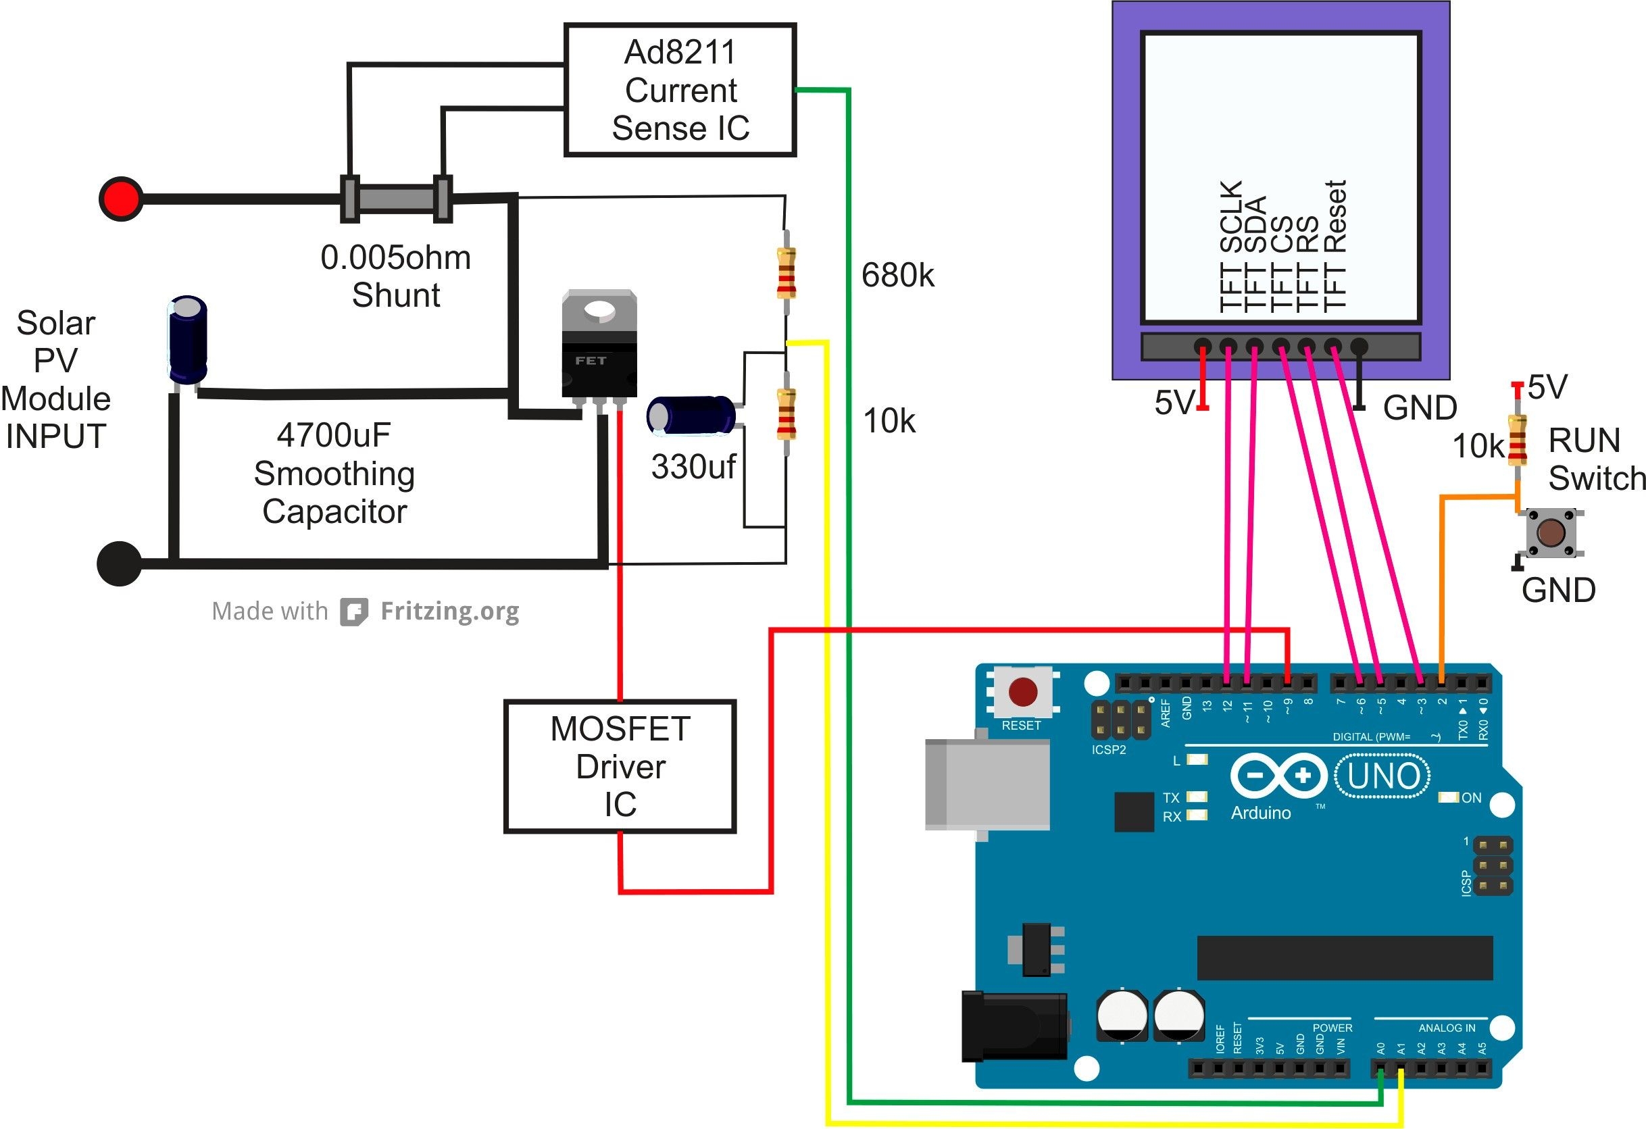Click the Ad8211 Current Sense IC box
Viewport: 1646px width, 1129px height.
pyautogui.click(x=680, y=90)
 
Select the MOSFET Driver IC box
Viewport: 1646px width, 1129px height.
pyautogui.click(x=620, y=766)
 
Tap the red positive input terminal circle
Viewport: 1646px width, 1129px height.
pyautogui.click(x=120, y=199)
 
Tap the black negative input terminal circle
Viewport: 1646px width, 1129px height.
pyautogui.click(x=119, y=563)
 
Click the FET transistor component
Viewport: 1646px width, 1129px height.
pyautogui.click(x=599, y=347)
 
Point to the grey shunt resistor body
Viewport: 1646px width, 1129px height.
pyautogui.click(x=396, y=199)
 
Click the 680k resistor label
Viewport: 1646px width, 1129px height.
pyautogui.click(x=897, y=275)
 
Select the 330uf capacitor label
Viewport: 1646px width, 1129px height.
pyautogui.click(x=693, y=467)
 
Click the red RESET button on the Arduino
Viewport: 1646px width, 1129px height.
pyautogui.click(x=1023, y=692)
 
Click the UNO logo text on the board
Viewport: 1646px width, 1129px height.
pyautogui.click(x=1382, y=776)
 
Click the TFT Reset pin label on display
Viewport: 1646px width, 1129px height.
pyautogui.click(x=1335, y=245)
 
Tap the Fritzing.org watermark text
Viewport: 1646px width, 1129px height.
pyautogui.click(x=449, y=611)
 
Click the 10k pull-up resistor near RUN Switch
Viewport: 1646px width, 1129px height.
pyautogui.click(x=1516, y=440)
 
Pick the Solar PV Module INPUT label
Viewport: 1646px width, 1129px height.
pyautogui.click(x=55, y=380)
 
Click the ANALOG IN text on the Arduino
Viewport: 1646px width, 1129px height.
pyautogui.click(x=1446, y=1028)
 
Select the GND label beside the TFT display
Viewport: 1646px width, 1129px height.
pyautogui.click(x=1420, y=408)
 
